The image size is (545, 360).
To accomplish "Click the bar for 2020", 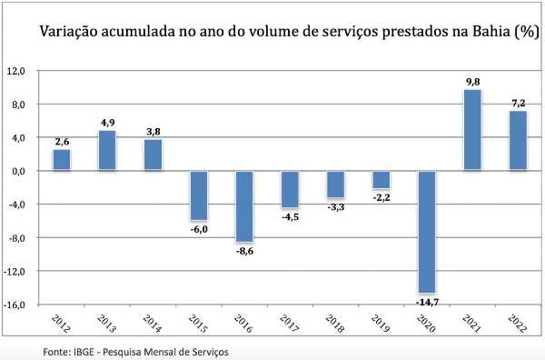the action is pos(427,232).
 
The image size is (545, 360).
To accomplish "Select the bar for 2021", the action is pos(472,130).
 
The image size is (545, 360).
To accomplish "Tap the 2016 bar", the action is pos(244,206).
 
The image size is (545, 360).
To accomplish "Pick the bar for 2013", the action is pos(107,151).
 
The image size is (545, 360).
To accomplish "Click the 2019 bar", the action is pos(381,180).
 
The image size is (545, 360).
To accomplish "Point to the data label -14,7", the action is pos(427,302).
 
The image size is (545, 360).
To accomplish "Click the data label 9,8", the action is pos(472,82).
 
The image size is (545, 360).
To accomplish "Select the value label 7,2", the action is pos(519,104).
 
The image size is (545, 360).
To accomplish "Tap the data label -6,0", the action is pos(199,230).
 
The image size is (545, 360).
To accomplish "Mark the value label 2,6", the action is pos(62,142).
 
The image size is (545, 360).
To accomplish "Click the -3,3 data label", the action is pos(336,207).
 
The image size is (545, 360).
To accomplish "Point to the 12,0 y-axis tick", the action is pos(15,71).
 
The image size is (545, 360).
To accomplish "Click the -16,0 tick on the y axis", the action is pos(14,305).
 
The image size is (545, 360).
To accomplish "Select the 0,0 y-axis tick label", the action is pos(18,172).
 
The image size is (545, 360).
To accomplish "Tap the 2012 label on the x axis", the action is pos(61,324).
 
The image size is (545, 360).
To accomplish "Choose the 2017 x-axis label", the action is pos(290,324).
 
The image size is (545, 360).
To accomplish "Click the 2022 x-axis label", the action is pos(518,324).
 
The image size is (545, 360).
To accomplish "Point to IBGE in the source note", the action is pos(84,352).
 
